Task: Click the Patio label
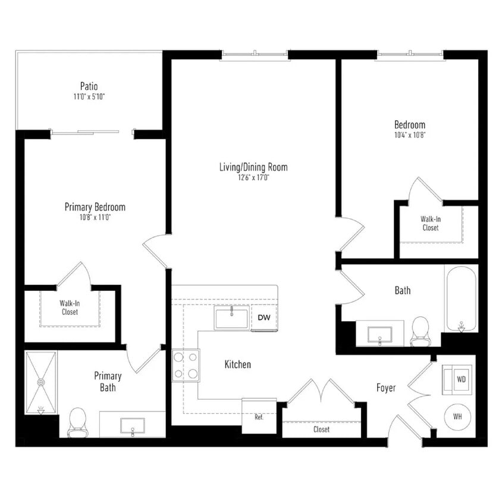point(89,86)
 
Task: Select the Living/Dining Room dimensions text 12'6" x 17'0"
point(253,177)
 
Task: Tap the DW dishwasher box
point(264,318)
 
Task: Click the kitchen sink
point(231,318)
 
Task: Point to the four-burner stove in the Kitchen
point(186,365)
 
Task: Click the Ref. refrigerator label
point(259,417)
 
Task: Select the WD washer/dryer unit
point(460,379)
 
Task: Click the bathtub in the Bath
point(461,299)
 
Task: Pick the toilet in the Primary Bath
point(78,421)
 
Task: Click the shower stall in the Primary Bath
point(41,382)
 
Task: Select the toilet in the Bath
point(420,331)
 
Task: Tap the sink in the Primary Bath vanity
point(132,425)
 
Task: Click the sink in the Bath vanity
point(379,334)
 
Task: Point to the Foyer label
point(386,388)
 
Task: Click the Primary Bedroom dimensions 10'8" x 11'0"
point(95,217)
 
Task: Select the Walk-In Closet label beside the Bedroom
point(431,223)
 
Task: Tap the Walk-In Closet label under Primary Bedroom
point(70,308)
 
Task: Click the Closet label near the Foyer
point(321,429)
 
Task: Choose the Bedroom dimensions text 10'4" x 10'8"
point(410,135)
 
